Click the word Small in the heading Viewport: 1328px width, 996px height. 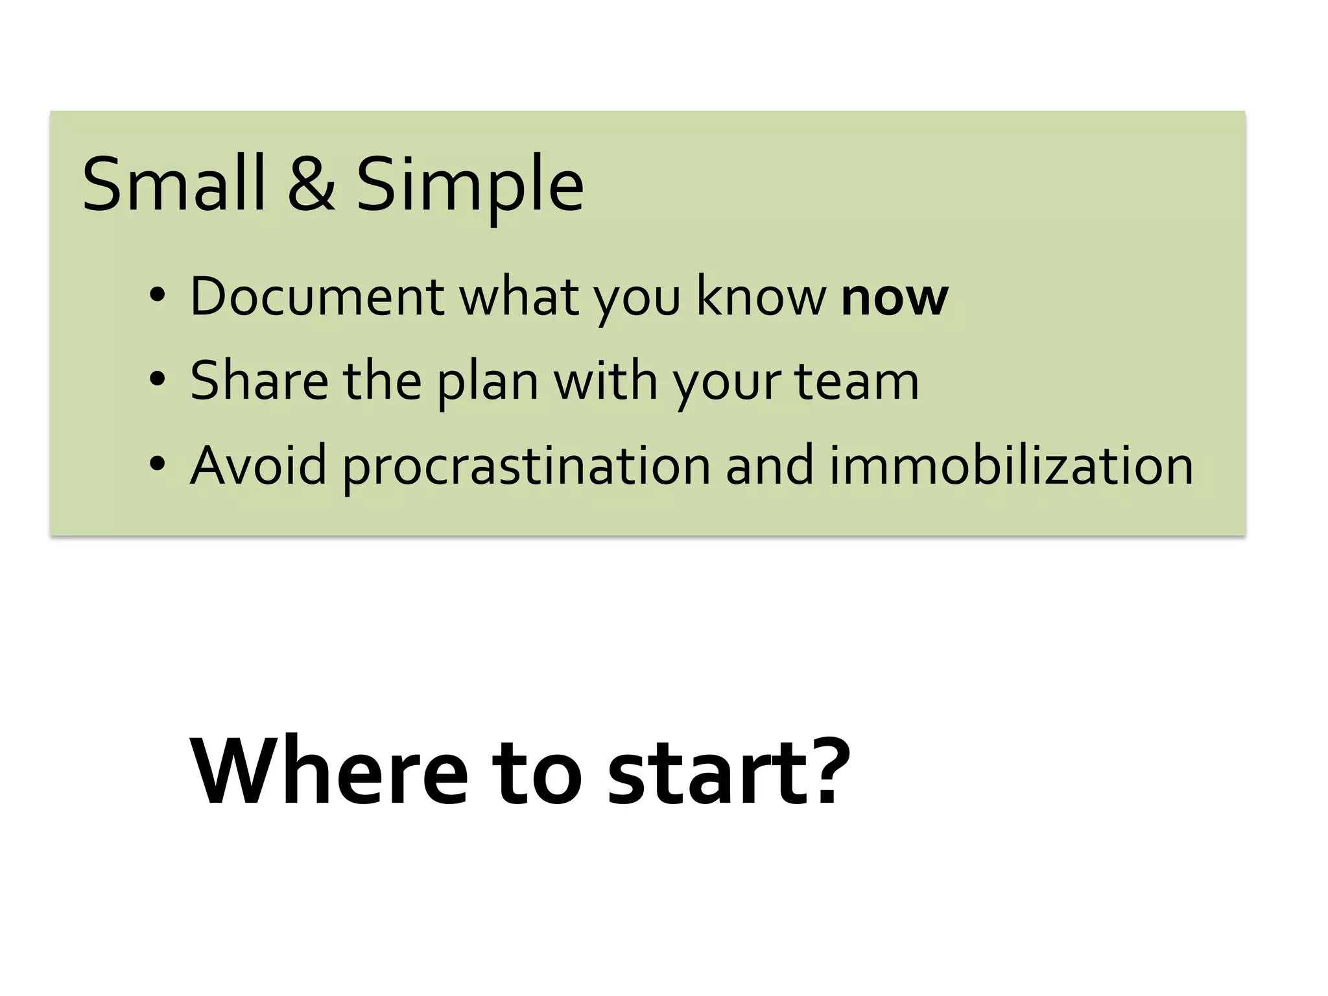[x=173, y=184]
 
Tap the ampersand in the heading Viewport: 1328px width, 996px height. [x=311, y=184]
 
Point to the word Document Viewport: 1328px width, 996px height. [x=317, y=296]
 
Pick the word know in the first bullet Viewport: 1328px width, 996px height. [x=761, y=296]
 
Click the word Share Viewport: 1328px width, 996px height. [x=259, y=381]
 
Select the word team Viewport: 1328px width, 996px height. [x=857, y=382]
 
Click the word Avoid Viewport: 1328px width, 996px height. [x=258, y=465]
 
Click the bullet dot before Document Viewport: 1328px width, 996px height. [x=157, y=297]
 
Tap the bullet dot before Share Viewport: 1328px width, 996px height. [x=157, y=381]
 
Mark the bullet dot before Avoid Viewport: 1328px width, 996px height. [x=157, y=465]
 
